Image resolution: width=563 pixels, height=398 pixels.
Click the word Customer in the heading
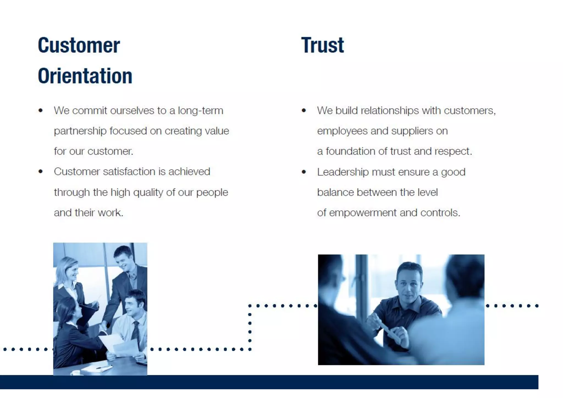point(79,45)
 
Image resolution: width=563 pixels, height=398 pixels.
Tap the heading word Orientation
point(85,76)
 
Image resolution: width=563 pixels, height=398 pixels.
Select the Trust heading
point(322,45)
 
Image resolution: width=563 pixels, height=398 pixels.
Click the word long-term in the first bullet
point(200,110)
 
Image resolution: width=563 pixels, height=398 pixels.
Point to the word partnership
point(80,131)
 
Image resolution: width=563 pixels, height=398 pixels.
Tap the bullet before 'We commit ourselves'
point(41,111)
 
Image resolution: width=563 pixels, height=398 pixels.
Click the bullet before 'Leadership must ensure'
point(304,172)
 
